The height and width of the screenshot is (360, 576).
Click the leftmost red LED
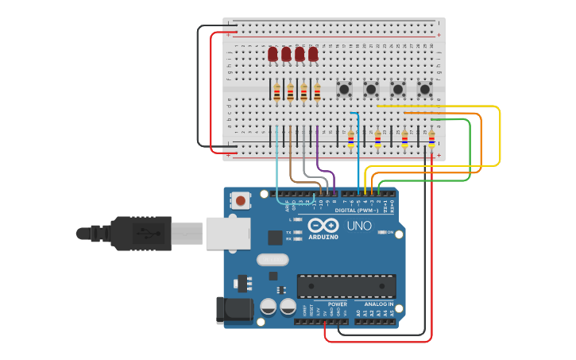coord(273,53)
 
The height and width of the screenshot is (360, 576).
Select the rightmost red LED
coord(313,53)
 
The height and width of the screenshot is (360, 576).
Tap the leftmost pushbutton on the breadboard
coord(345,89)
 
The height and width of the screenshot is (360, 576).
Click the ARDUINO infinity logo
coord(323,225)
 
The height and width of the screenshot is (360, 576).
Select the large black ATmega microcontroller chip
coord(346,286)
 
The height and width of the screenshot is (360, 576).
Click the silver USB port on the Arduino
coord(228,234)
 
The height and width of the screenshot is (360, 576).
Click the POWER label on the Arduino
coord(337,304)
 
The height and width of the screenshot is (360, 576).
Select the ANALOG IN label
coord(378,304)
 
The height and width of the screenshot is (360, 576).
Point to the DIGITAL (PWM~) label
coord(355,211)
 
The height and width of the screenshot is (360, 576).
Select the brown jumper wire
coord(291,159)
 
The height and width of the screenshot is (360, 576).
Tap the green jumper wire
coord(469,151)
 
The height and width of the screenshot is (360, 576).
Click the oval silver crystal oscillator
coord(272,259)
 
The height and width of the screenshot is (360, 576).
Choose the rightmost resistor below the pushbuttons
coord(431,139)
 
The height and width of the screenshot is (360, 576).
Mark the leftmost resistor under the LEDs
coord(276,93)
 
